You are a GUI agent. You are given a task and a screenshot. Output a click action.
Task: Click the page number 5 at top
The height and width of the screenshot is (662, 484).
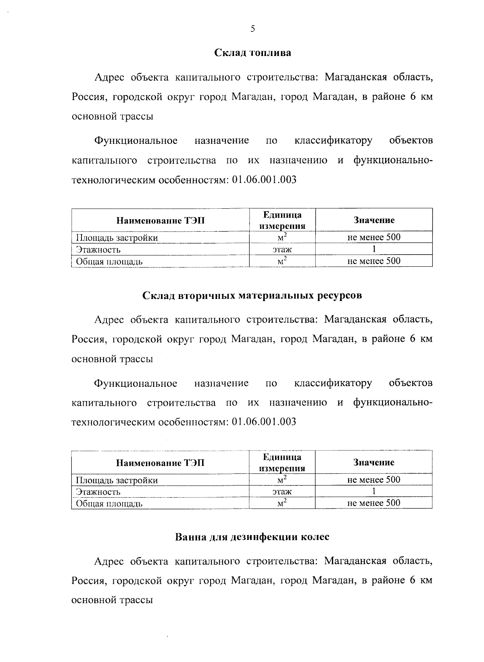(x=252, y=29)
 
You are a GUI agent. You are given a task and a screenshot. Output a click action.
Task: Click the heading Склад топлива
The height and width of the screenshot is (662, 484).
(x=252, y=53)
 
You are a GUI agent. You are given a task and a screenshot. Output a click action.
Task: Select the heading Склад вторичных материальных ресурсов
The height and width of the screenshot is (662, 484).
(x=252, y=295)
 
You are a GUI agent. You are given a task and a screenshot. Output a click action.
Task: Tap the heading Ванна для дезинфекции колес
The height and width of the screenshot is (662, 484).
(x=252, y=537)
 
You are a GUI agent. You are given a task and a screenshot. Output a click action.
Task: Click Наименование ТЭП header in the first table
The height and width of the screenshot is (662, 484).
(x=161, y=220)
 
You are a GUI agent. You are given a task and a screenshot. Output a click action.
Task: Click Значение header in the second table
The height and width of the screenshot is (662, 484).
(x=374, y=462)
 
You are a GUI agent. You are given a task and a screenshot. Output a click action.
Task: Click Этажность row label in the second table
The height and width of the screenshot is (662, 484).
(x=98, y=492)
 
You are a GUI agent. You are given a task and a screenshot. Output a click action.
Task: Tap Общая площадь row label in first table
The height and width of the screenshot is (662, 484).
(x=109, y=261)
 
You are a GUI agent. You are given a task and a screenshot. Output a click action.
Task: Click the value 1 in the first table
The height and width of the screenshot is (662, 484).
(x=374, y=249)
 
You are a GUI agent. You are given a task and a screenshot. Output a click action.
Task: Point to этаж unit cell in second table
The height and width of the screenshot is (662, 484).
(x=282, y=491)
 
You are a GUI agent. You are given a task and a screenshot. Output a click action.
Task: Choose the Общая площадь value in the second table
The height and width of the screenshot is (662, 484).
(x=374, y=503)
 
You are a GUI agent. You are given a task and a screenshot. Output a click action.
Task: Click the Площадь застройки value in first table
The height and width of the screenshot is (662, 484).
(x=374, y=237)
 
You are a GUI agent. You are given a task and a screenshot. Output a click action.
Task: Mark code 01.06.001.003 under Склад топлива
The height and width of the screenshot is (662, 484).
(x=265, y=180)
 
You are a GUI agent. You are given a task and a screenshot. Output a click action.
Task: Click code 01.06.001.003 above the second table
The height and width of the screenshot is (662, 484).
(x=265, y=421)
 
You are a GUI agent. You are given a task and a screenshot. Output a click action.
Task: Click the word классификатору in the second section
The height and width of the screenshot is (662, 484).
(x=333, y=383)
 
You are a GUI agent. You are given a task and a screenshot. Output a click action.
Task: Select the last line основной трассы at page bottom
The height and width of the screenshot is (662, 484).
(x=112, y=600)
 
